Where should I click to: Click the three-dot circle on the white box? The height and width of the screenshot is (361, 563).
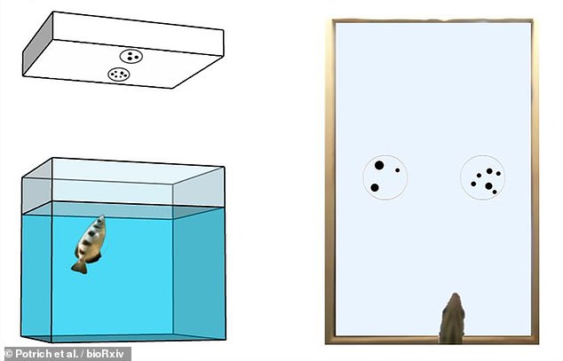click(x=131, y=56)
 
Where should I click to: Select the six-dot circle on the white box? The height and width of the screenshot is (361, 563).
click(x=119, y=75)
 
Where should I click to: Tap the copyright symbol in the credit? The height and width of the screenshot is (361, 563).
click(x=9, y=354)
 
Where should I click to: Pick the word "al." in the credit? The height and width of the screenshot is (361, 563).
click(x=70, y=354)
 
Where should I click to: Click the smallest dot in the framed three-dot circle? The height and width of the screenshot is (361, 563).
click(x=398, y=170)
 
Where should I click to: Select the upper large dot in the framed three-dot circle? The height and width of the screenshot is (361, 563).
click(x=379, y=165)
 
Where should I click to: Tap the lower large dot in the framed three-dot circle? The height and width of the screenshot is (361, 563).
click(x=375, y=187)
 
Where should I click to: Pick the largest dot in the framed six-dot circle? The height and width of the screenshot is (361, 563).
click(x=488, y=186)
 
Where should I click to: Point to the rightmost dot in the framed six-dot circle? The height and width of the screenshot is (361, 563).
click(x=498, y=174)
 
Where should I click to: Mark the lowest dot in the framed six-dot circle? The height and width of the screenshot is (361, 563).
click(x=495, y=192)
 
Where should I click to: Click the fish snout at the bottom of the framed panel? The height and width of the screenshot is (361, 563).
click(x=455, y=298)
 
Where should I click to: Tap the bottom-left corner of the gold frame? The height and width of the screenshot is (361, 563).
click(x=326, y=343)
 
